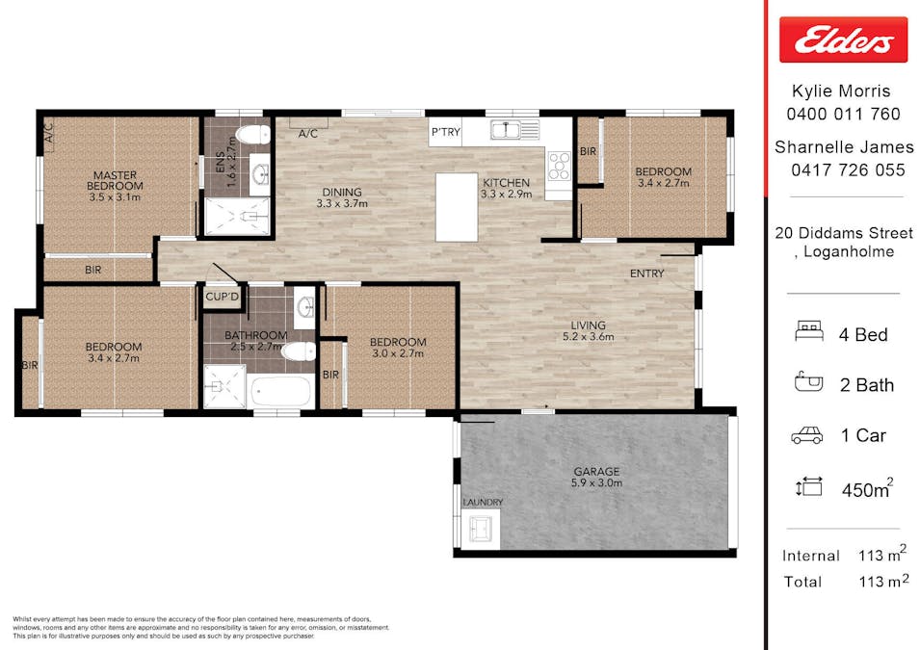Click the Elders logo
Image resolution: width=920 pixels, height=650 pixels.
click(x=843, y=39)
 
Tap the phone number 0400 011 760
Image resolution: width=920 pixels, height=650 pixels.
click(x=843, y=114)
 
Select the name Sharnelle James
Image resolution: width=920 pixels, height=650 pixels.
click(x=844, y=146)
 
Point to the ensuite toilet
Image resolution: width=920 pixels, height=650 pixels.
click(x=256, y=135)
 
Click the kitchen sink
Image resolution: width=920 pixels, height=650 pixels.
click(x=505, y=129)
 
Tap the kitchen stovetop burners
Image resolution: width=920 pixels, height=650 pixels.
click(x=559, y=166)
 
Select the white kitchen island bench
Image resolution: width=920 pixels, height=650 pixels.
click(x=457, y=207)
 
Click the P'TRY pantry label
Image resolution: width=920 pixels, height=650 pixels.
click(x=446, y=132)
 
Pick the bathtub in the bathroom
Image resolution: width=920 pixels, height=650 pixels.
click(x=278, y=391)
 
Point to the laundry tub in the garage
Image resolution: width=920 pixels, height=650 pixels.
click(x=481, y=528)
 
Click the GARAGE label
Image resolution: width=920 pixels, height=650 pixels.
click(x=596, y=471)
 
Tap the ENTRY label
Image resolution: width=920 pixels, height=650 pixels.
click(x=646, y=273)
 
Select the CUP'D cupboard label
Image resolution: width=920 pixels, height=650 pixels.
click(x=223, y=297)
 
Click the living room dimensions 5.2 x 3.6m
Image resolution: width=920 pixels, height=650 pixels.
click(x=588, y=337)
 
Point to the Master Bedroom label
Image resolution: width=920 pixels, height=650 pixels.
click(x=115, y=180)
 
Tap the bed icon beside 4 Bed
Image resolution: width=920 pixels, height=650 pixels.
click(x=808, y=331)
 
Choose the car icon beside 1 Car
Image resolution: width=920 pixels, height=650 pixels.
click(x=807, y=435)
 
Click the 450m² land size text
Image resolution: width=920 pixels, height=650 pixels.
click(x=868, y=488)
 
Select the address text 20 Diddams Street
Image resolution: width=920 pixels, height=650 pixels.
click(x=844, y=233)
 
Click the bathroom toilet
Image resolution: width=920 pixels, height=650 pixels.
click(x=299, y=352)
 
